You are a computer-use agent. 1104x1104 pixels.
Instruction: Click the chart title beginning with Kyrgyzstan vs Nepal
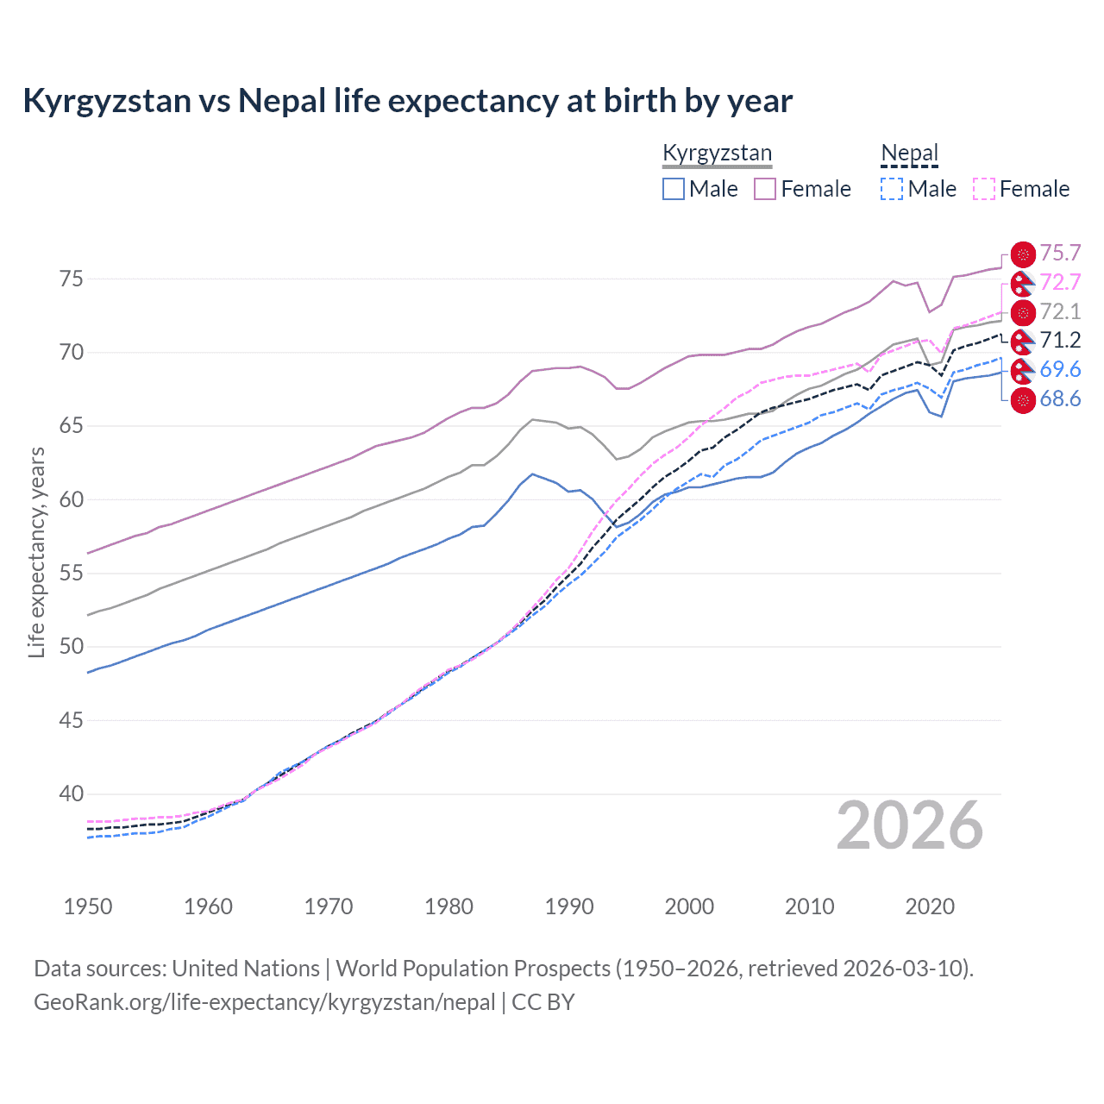tap(407, 101)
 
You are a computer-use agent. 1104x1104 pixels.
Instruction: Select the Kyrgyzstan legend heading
tap(717, 154)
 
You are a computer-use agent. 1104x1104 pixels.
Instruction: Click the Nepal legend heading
tap(909, 154)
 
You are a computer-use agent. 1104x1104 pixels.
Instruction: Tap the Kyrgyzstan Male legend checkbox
tap(674, 189)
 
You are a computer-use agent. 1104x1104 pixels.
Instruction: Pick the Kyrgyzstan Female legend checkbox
tap(765, 189)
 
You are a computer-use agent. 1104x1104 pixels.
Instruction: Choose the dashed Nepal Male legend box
tap(892, 189)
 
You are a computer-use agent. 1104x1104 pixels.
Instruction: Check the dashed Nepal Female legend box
tap(984, 189)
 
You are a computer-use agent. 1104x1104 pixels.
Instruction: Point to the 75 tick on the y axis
tap(71, 279)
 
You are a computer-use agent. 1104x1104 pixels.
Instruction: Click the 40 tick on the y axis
tap(71, 793)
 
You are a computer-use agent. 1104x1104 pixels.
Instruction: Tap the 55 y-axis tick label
tap(71, 573)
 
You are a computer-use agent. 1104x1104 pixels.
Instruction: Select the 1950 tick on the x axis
tap(88, 906)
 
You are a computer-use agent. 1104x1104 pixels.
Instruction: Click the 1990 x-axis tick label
tap(569, 906)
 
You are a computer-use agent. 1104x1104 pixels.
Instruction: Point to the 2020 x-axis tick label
tap(930, 906)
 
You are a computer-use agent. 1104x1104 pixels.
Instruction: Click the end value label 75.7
tap(1060, 254)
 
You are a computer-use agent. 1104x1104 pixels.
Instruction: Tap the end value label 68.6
tap(1060, 399)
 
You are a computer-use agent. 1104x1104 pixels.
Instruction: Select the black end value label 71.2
tap(1060, 341)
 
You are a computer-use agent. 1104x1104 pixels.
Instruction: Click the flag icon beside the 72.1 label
tap(1023, 312)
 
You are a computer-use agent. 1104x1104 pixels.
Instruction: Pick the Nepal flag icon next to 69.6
tap(1023, 371)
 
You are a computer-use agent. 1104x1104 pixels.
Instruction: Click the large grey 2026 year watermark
tap(910, 826)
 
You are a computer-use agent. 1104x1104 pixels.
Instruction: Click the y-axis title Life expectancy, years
tap(37, 552)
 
